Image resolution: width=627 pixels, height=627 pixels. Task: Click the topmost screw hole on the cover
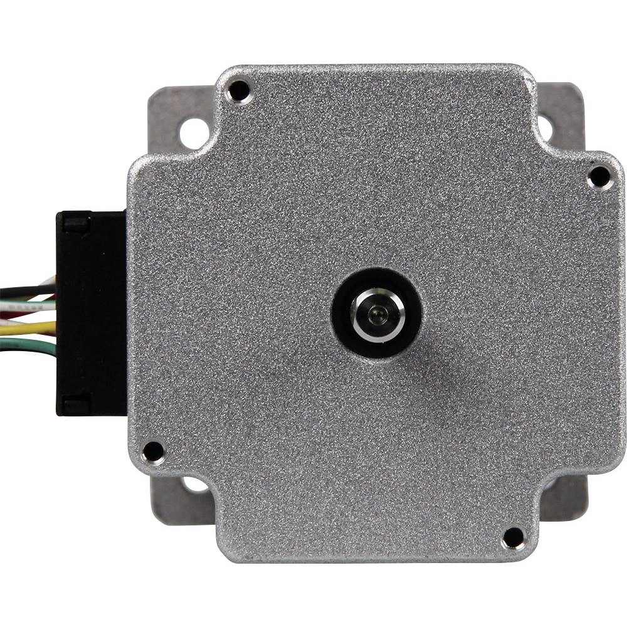tap(239, 92)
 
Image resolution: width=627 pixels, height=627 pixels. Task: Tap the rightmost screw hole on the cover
tap(599, 176)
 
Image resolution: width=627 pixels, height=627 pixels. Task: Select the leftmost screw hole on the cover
tap(152, 451)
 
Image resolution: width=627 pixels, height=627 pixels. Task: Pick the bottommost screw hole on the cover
tap(514, 537)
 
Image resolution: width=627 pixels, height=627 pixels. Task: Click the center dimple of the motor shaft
tap(376, 313)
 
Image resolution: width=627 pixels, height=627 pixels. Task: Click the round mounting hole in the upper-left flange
tap(193, 133)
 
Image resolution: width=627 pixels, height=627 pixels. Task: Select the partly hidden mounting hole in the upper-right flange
tap(544, 127)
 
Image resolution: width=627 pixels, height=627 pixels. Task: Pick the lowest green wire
tap(25, 344)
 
